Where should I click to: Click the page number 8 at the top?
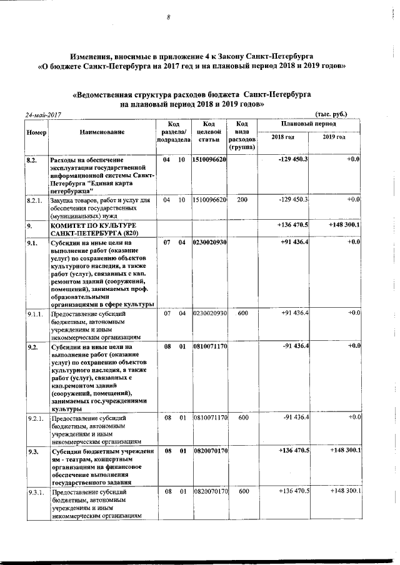(x=169, y=17)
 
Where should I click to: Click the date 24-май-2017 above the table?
(x=42, y=115)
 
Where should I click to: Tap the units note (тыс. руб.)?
(x=331, y=114)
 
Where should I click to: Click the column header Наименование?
(x=102, y=132)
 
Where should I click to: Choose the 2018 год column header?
(x=283, y=137)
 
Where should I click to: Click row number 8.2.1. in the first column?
(x=34, y=200)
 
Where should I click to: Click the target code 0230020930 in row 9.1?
(x=210, y=242)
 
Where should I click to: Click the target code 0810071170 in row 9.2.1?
(x=210, y=416)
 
